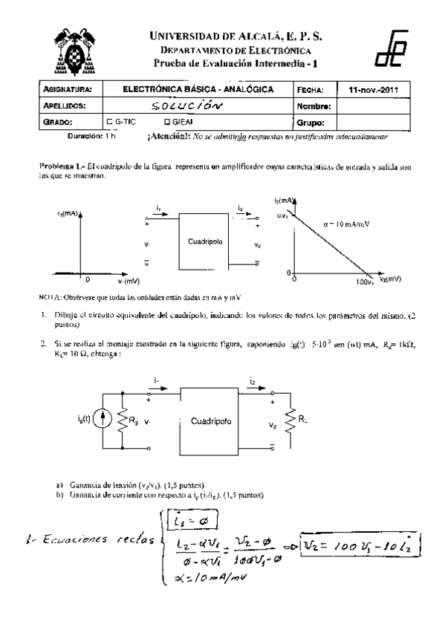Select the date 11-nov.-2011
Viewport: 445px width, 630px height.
coord(373,90)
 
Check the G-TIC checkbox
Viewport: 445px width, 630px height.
coord(110,121)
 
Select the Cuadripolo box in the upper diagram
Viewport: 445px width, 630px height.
coord(202,242)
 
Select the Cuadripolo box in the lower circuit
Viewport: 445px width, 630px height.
coord(211,420)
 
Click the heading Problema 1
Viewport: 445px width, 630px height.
coord(62,168)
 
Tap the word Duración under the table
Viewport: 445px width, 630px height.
coord(88,137)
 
